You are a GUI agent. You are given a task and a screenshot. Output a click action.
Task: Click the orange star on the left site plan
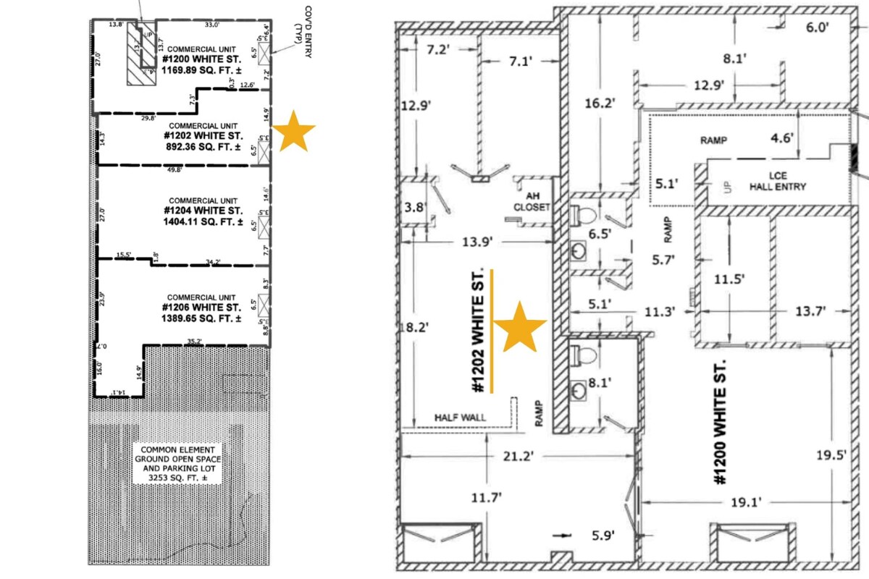(x=293, y=130)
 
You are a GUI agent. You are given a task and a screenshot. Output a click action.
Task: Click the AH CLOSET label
(x=532, y=200)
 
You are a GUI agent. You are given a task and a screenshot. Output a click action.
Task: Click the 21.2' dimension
(x=516, y=457)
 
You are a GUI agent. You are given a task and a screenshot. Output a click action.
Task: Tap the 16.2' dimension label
(x=600, y=103)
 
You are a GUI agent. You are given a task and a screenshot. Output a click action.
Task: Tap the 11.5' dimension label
(x=730, y=278)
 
